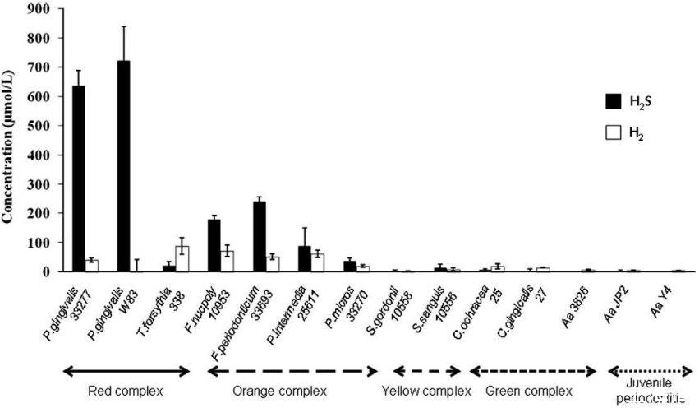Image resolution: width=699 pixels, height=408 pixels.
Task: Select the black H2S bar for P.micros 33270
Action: tap(350, 266)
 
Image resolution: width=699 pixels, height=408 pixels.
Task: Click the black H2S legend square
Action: tap(612, 101)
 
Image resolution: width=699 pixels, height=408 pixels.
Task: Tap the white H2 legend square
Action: tap(612, 132)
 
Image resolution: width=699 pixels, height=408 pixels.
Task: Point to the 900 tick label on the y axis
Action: tap(39, 9)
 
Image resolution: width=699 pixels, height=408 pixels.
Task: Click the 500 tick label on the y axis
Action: tap(39, 126)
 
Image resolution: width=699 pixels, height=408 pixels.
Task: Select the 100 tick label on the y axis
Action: tap(39, 243)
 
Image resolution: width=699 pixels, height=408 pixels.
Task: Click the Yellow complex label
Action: tap(428, 390)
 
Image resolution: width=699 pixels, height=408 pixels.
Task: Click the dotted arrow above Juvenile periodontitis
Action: tap(646, 371)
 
